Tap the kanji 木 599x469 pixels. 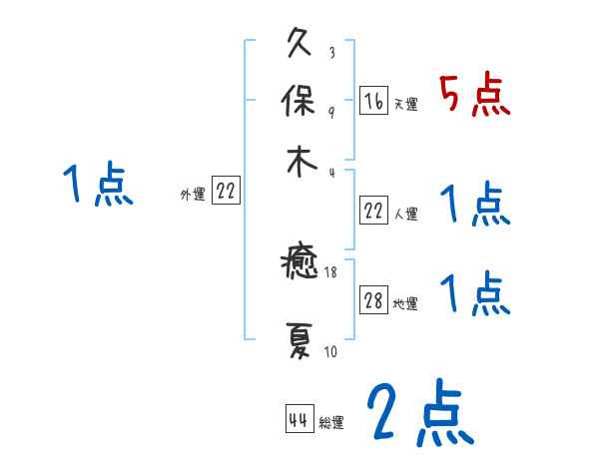point(299,163)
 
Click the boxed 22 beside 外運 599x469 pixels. point(226,192)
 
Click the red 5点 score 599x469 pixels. point(475,94)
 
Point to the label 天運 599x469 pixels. point(406,104)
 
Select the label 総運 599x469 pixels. point(331,423)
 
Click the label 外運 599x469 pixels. point(193,196)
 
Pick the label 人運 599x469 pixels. point(406,215)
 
